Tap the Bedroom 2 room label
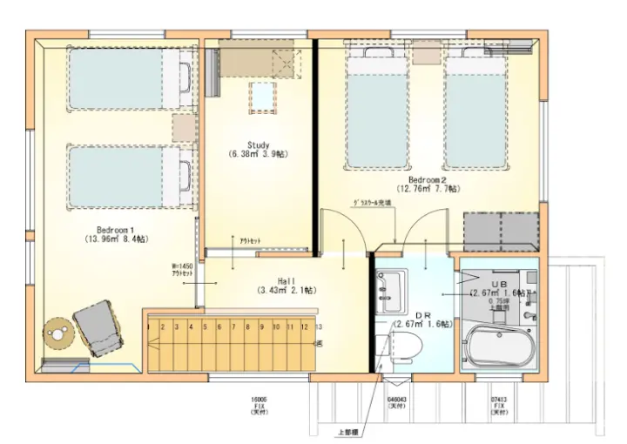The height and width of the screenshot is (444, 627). coord(428,182)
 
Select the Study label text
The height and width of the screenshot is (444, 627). coord(259,149)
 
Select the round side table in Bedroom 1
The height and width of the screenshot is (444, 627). coord(57,333)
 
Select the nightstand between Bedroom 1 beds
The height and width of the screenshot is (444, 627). coord(184,127)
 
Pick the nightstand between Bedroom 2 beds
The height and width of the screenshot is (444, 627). coord(427,51)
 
